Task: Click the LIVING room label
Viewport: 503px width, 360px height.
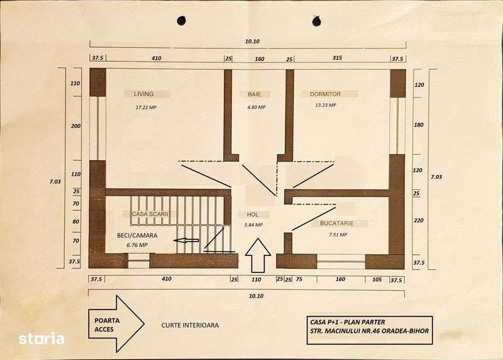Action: tap(143, 94)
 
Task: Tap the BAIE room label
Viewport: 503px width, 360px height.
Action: tap(255, 94)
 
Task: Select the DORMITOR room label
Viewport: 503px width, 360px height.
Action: tap(325, 94)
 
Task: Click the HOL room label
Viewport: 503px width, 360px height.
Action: tap(253, 215)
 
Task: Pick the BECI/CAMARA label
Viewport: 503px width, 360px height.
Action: tap(136, 235)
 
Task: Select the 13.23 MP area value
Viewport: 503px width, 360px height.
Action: tap(326, 105)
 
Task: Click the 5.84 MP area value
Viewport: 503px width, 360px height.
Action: tap(253, 225)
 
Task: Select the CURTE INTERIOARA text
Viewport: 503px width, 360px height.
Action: tap(190, 325)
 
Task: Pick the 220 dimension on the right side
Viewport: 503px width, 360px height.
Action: tap(418, 220)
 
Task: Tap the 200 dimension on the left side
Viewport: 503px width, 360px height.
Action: tap(75, 126)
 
